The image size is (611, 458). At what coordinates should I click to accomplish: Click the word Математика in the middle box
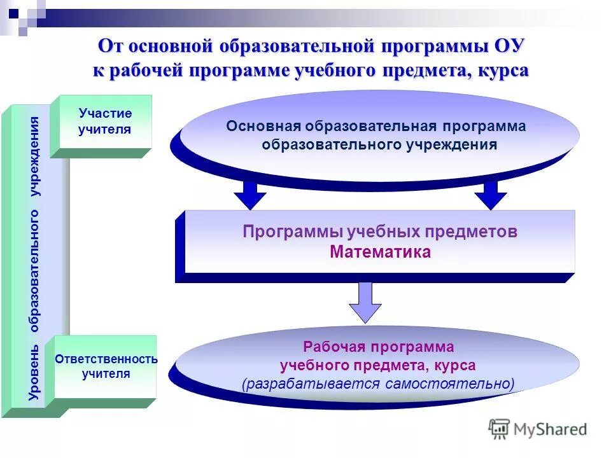coord(380,252)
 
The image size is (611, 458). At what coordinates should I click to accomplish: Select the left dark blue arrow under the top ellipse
coord(251,194)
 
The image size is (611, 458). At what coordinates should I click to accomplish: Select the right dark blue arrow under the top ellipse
coord(491,194)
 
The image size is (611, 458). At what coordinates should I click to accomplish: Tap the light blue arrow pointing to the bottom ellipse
coord(365,303)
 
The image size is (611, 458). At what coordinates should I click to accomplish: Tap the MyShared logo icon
coord(499,429)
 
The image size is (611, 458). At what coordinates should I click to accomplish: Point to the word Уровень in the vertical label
coord(34,375)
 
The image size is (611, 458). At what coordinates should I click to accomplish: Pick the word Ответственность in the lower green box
coord(106,359)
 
